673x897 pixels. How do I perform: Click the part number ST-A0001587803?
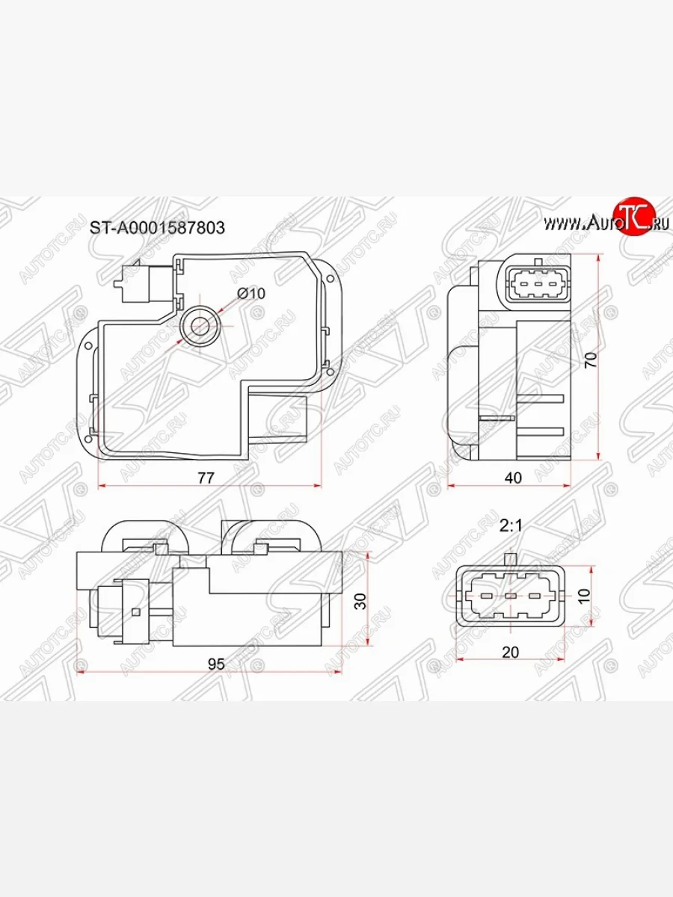[x=157, y=228]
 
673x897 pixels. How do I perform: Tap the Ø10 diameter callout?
[x=251, y=293]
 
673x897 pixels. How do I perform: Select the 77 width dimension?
[x=206, y=478]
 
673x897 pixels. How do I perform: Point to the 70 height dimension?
[x=591, y=360]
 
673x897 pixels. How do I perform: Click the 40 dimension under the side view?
[x=513, y=478]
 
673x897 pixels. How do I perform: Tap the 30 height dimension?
[x=360, y=601]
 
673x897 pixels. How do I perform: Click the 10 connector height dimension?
[x=585, y=596]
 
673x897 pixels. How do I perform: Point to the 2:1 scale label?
[x=511, y=525]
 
